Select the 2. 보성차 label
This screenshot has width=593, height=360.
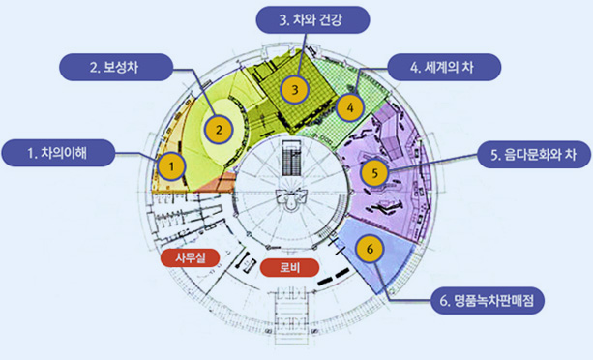coord(115,68)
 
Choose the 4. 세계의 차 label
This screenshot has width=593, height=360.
coord(442,68)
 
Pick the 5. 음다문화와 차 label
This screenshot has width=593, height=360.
coord(528,153)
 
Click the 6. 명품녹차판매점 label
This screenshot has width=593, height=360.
coord(487,301)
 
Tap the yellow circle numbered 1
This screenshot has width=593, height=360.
coord(171,166)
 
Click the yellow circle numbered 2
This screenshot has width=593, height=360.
coord(220,127)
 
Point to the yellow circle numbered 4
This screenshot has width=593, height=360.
coord(351,105)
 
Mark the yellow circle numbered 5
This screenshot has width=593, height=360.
coord(373,173)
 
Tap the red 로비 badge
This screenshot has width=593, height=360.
coord(288,266)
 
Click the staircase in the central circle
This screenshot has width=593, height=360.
coord(289,164)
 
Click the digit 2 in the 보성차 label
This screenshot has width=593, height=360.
coord(94,68)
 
